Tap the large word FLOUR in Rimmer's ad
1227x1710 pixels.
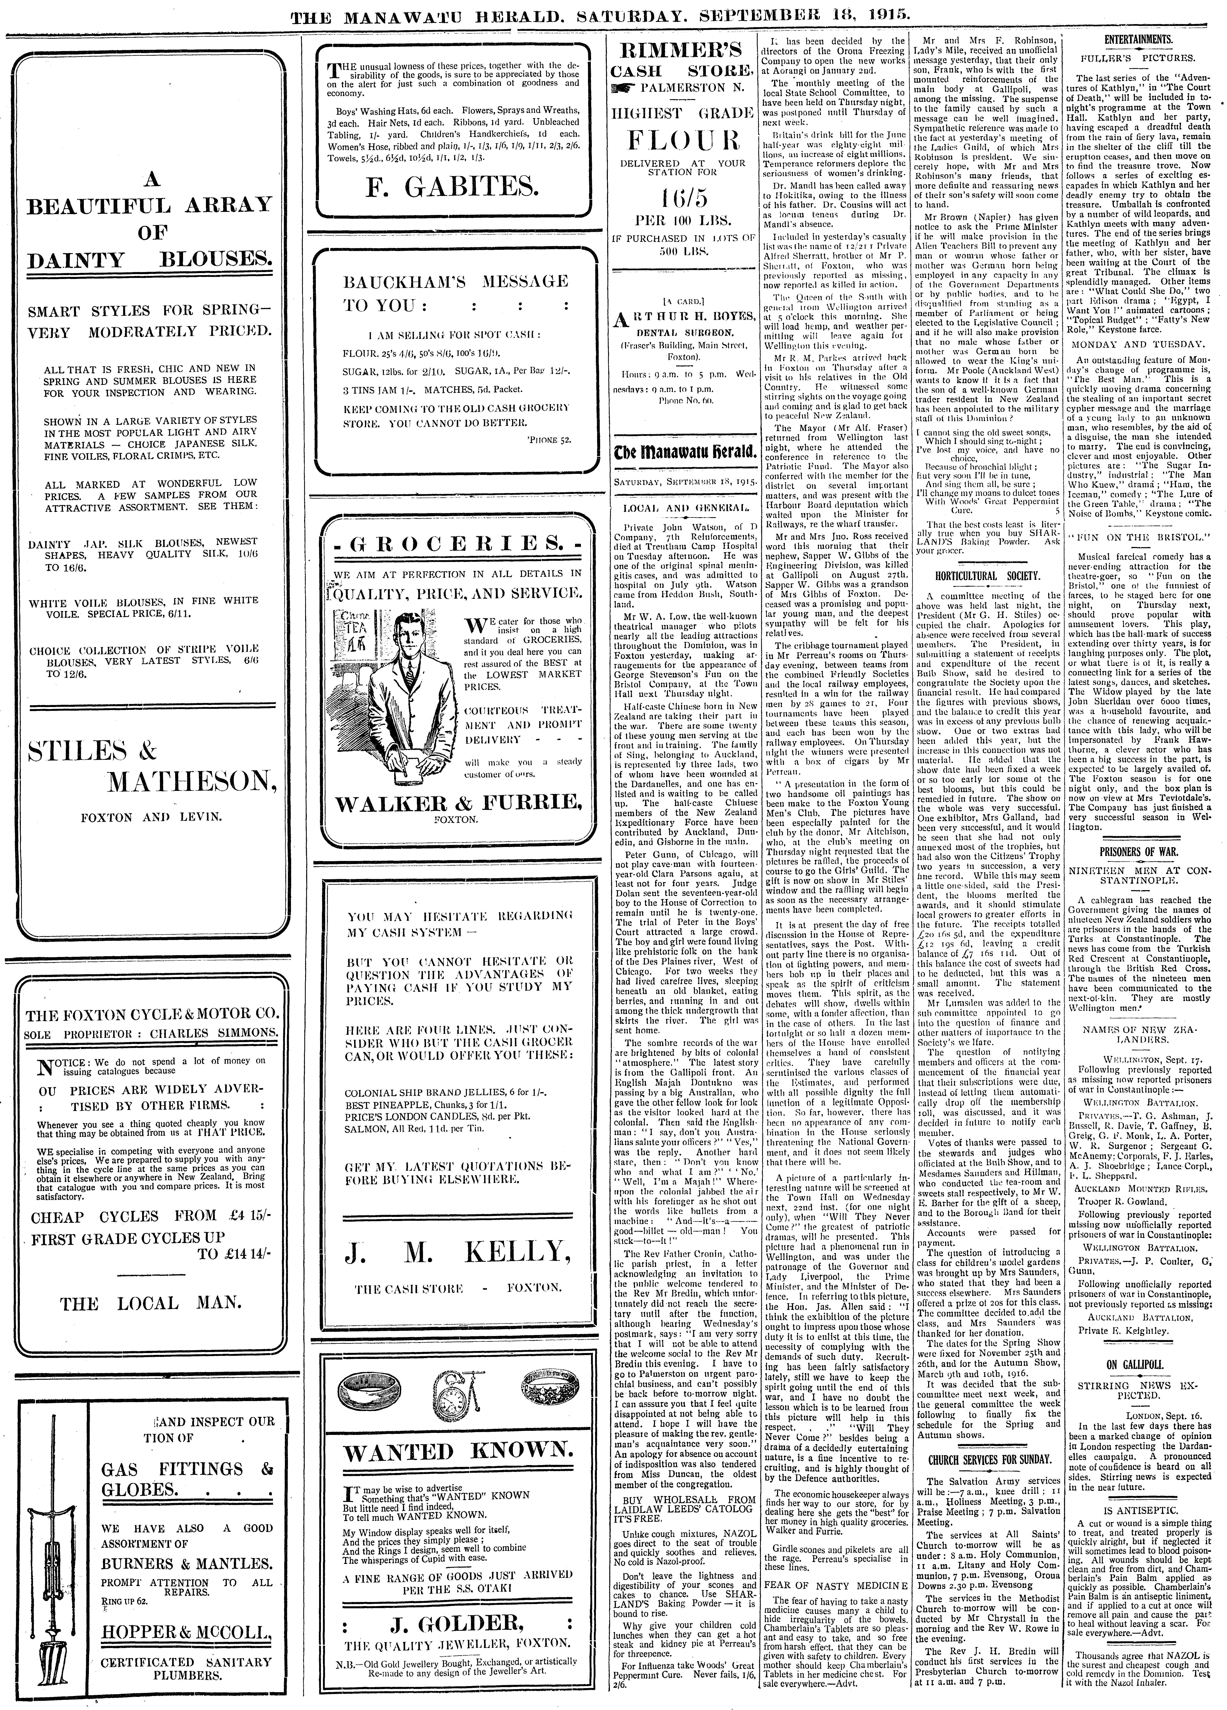[x=684, y=141]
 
